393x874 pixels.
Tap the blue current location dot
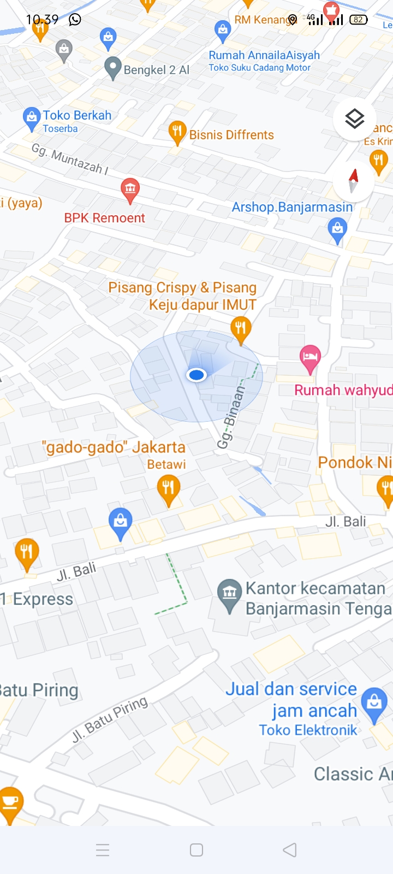[196, 375]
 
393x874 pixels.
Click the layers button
[354, 119]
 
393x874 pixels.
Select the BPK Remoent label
[105, 218]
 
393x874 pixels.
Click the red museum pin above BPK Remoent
[130, 189]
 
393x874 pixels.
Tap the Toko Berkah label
[77, 115]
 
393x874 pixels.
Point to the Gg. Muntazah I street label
[70, 159]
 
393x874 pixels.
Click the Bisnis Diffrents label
[231, 135]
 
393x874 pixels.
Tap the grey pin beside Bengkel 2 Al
[112, 68]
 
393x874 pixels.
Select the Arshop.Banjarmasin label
[292, 207]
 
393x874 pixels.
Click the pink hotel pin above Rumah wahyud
[310, 357]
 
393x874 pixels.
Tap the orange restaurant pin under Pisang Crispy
[241, 328]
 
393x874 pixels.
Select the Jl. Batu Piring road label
[110, 719]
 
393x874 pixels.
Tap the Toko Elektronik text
[308, 730]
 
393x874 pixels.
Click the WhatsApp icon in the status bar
[75, 20]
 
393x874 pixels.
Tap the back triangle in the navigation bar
[290, 850]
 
